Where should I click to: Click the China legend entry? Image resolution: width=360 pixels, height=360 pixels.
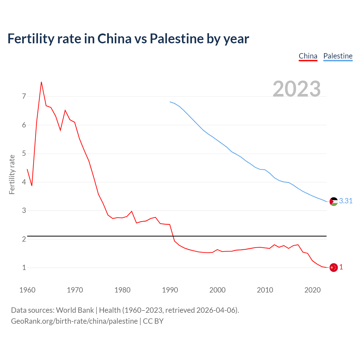click(x=308, y=56)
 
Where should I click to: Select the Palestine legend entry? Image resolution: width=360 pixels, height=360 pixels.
click(x=338, y=56)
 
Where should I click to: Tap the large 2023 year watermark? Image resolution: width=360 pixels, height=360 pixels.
click(x=297, y=89)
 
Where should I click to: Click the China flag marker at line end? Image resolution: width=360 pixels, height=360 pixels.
click(x=334, y=267)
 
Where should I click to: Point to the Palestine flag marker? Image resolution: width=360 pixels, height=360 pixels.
click(x=334, y=201)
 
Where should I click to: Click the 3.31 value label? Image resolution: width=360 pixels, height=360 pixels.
click(x=346, y=201)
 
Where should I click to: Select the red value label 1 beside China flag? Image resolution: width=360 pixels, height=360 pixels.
click(x=341, y=267)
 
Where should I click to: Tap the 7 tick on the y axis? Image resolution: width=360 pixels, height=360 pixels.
click(x=24, y=96)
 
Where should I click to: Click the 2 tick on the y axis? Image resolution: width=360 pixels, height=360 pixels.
click(x=24, y=239)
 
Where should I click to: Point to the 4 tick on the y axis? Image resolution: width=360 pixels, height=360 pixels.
click(x=24, y=182)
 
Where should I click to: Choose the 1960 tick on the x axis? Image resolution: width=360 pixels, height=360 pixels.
click(x=27, y=290)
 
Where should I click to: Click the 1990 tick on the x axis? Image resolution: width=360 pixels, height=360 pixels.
click(x=170, y=290)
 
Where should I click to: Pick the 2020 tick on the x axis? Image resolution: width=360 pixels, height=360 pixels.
click(x=312, y=290)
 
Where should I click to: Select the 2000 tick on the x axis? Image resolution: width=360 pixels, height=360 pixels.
click(x=217, y=290)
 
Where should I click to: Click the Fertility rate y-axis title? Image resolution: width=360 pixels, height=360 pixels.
click(x=12, y=174)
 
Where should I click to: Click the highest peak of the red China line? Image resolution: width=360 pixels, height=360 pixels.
click(x=41, y=82)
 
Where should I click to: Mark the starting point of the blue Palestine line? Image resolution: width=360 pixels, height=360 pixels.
click(x=170, y=102)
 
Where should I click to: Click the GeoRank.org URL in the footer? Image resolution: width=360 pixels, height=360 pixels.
click(x=74, y=321)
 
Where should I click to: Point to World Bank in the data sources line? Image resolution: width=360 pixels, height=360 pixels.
click(x=75, y=310)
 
